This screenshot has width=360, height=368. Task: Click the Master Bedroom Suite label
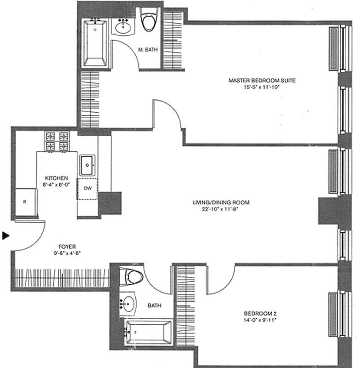262,80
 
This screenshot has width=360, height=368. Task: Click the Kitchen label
57,178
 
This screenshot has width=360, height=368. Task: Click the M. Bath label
147,51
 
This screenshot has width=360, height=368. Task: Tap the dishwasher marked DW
87,188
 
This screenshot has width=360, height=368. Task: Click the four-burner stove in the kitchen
57,141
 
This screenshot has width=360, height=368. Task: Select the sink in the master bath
123,27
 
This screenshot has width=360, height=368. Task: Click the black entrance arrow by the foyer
6,236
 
